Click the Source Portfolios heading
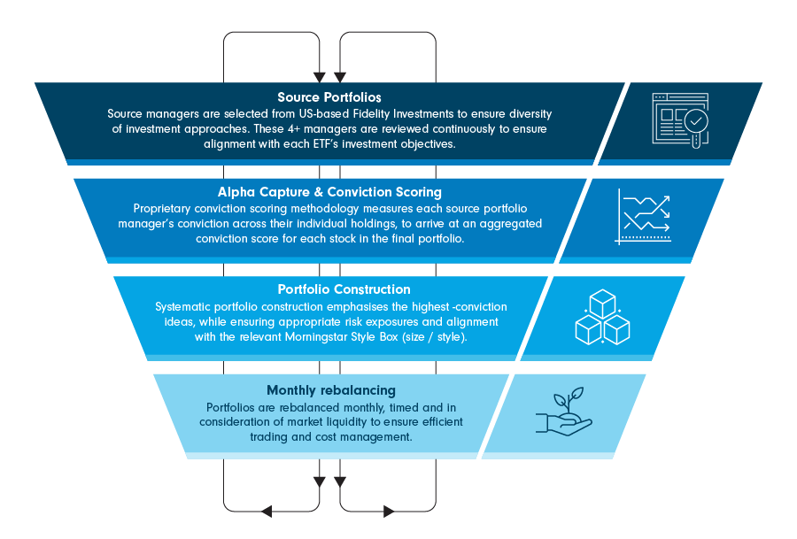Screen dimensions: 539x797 [x=329, y=97]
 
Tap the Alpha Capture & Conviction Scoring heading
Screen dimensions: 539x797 [x=329, y=192]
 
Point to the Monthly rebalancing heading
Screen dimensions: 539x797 [x=331, y=390]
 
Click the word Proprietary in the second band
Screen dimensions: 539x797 [x=159, y=209]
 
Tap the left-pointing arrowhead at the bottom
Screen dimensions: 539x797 [x=264, y=511]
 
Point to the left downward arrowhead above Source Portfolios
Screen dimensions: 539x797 [x=319, y=76]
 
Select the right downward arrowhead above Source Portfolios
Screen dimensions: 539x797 [x=336, y=76]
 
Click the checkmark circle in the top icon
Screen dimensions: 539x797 [x=698, y=120]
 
